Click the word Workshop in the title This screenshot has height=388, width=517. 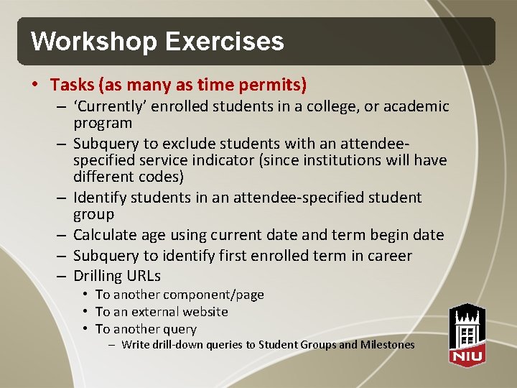click(94, 41)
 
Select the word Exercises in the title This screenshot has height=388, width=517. click(224, 41)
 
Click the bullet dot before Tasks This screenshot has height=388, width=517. click(36, 85)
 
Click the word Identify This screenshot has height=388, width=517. click(99, 198)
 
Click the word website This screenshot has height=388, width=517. click(203, 312)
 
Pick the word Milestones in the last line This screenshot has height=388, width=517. click(388, 345)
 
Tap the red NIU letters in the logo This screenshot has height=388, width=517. click(467, 355)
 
